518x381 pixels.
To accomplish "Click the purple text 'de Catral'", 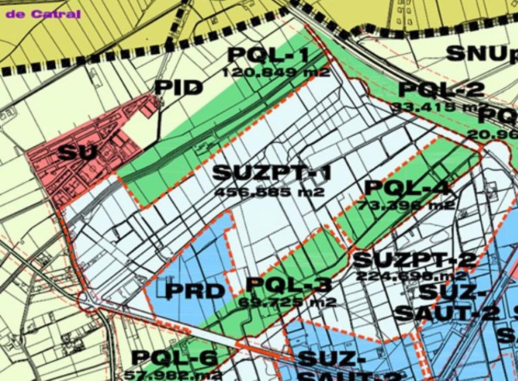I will point(43,14).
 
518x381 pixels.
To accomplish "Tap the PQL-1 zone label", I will point(268,55).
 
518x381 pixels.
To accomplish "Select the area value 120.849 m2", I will point(276,72).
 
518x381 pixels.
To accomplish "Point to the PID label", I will point(178,88).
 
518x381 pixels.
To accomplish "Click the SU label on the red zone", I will point(76,152).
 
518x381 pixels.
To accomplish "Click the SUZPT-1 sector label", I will point(272,173).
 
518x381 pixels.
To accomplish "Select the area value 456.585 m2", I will point(269,192).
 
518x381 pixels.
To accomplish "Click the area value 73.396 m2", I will point(406,205).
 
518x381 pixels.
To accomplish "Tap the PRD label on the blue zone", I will point(195,291).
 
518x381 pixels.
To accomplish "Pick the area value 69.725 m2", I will point(287,302).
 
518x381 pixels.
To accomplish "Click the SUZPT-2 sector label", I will point(415,260).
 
